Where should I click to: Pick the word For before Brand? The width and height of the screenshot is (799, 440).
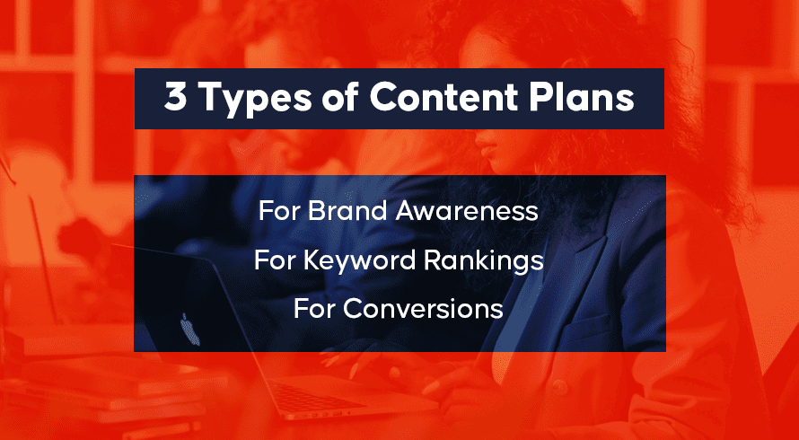pos(279,211)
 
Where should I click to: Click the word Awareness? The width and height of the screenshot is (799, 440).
pos(467,211)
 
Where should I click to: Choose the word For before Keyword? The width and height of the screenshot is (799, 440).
pos(275,260)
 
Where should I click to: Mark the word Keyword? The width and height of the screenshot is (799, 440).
pos(359,260)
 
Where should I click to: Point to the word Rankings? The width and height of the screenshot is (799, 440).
pos(484,261)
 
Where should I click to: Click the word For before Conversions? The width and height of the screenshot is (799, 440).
pos(314,309)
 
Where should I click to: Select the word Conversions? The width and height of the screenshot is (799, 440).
pos(423,309)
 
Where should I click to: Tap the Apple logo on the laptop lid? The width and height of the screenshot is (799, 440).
pos(190,330)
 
